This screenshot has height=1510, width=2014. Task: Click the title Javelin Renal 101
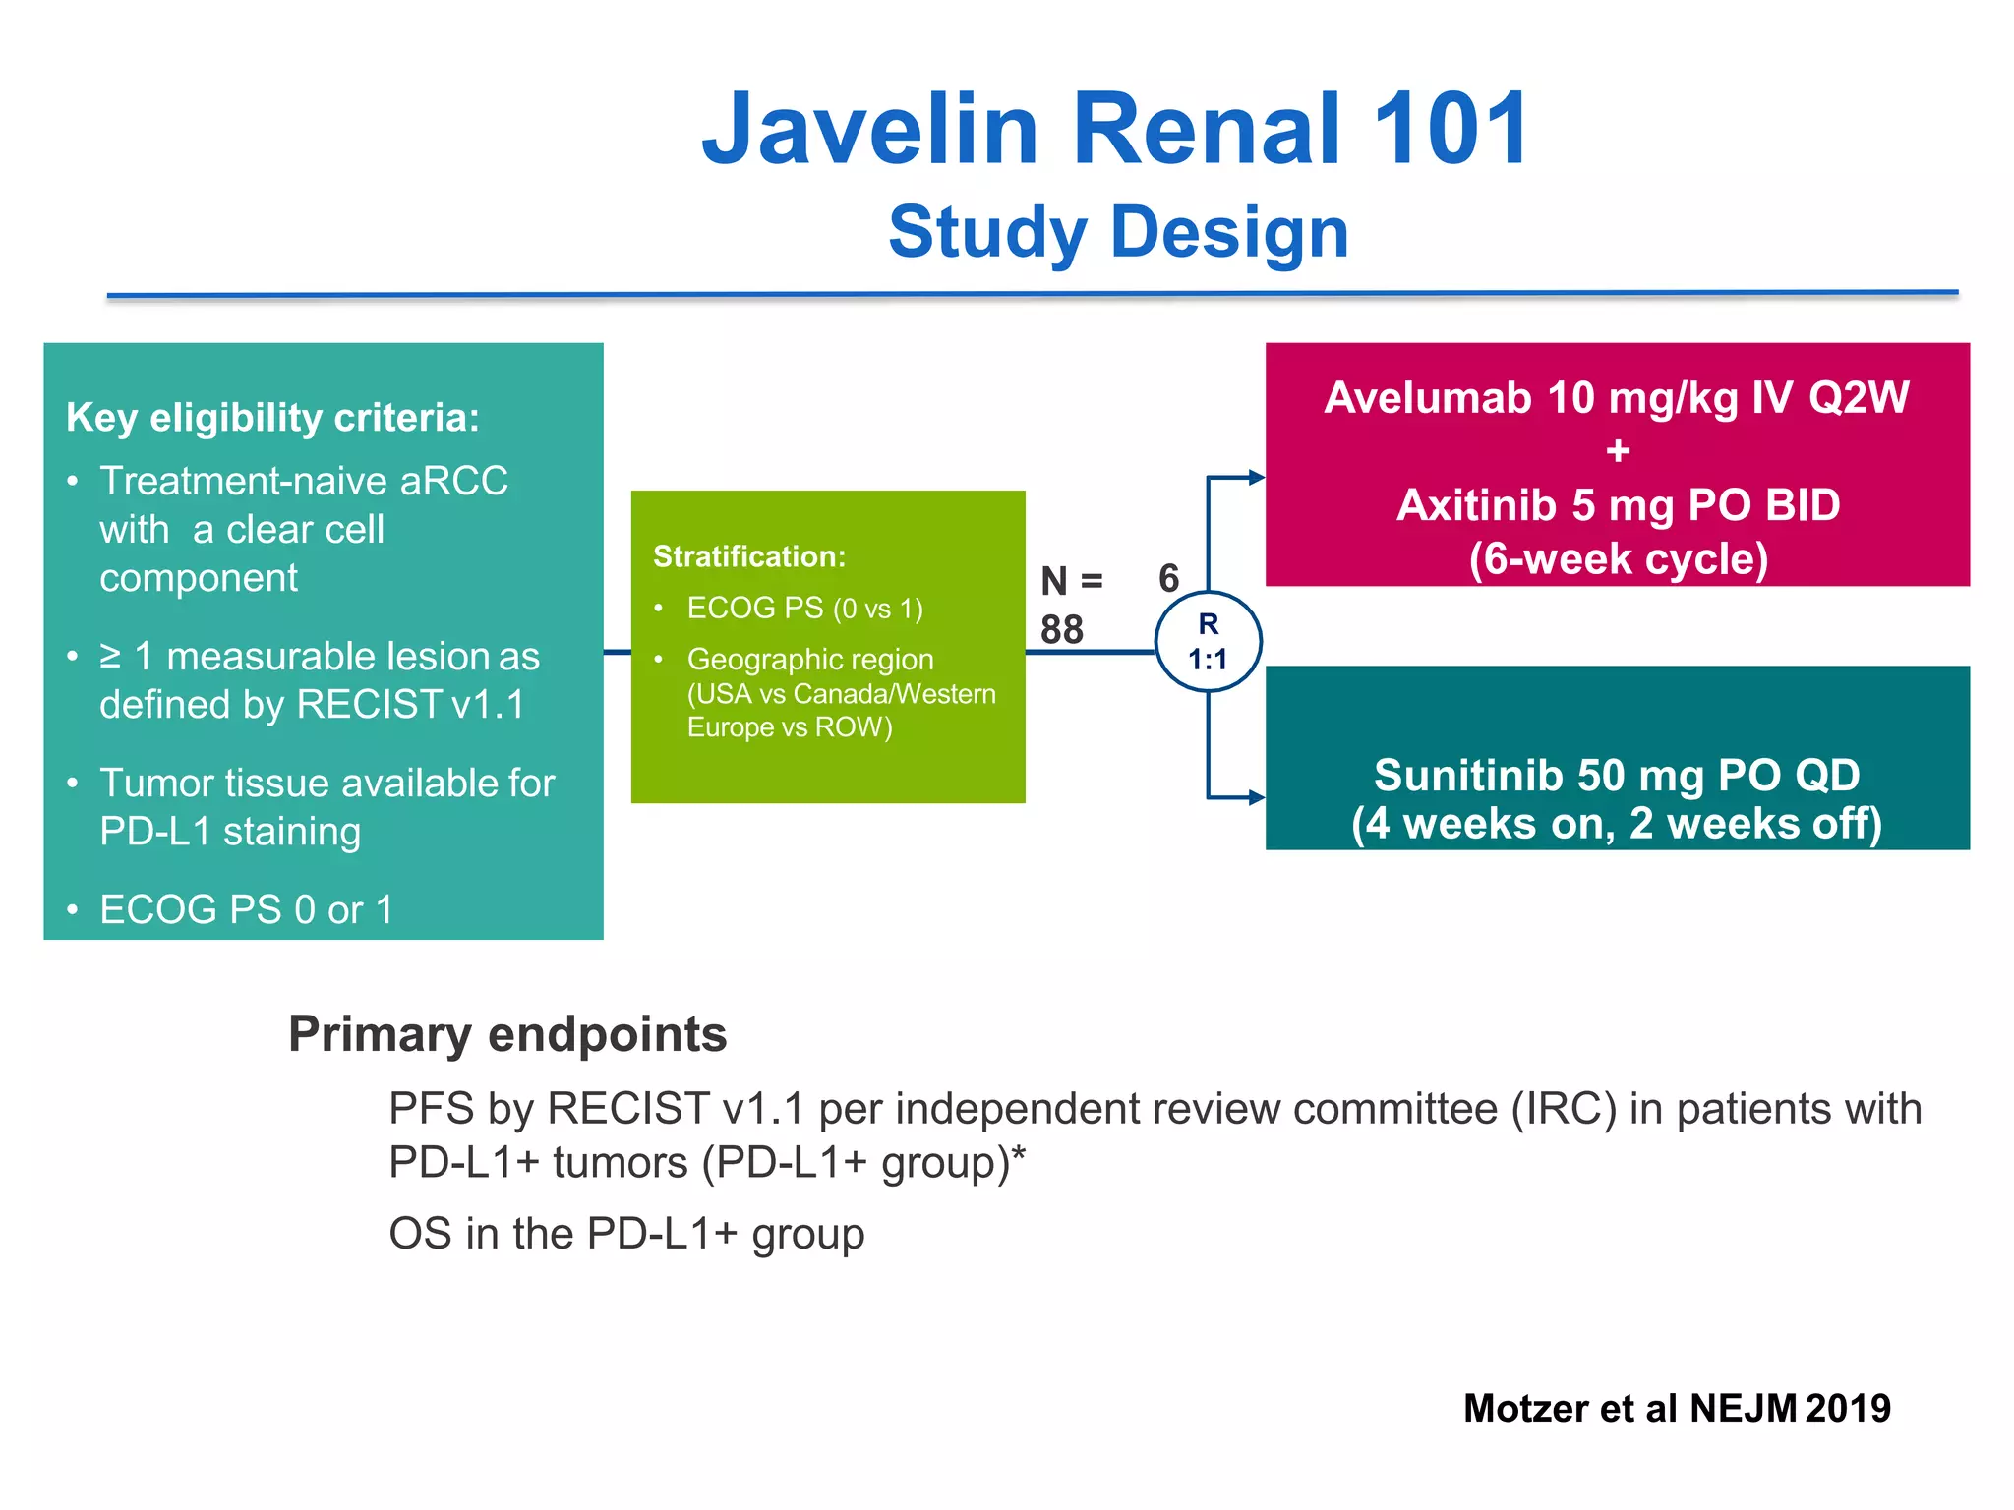[1116, 129]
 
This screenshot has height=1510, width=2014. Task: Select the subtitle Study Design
[1118, 233]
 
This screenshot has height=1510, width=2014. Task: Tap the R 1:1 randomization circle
[1208, 641]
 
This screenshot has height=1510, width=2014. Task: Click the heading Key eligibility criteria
[272, 418]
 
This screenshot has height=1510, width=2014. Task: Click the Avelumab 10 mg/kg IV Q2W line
[1617, 398]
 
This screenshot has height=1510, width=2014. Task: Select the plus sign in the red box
[1618, 451]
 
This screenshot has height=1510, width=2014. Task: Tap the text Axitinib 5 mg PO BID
[1618, 505]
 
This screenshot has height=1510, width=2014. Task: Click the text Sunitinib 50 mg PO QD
[1617, 775]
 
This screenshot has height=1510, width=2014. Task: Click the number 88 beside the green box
[1062, 629]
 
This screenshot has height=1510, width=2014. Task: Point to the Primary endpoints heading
[507, 1034]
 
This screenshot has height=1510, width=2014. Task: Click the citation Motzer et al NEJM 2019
[1677, 1408]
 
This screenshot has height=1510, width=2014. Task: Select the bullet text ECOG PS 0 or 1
[246, 909]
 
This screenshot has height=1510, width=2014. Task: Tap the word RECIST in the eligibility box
[369, 704]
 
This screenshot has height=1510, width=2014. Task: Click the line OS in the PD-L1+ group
[626, 1234]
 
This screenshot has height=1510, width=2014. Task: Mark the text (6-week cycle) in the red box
[1618, 559]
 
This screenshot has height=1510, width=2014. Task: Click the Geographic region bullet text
[841, 692]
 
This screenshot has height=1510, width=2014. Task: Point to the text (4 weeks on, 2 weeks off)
[1617, 824]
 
